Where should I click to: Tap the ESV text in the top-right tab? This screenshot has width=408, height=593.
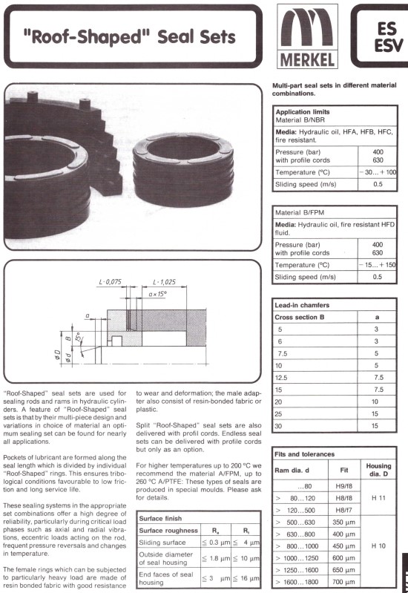[386, 45]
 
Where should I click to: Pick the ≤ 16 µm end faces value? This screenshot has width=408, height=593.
[245, 579]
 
